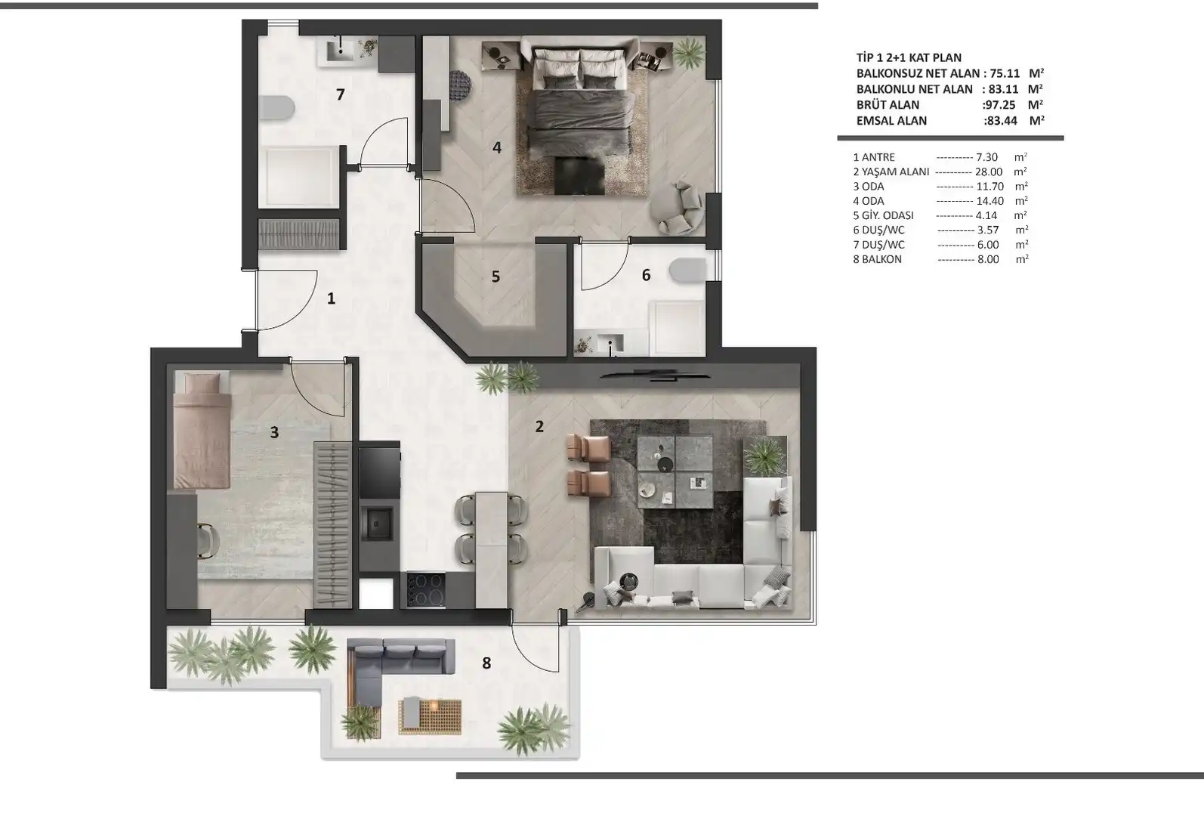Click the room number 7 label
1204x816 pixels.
pos(340,94)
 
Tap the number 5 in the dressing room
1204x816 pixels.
pos(495,277)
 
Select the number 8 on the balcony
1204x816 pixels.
pos(486,663)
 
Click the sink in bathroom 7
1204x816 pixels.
pos(340,51)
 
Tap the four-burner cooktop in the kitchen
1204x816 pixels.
pos(426,589)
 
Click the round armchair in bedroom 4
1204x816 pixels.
pos(677,208)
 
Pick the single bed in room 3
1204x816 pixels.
pos(202,430)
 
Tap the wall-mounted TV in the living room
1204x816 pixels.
pos(653,376)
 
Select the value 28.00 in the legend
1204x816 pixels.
pos(989,172)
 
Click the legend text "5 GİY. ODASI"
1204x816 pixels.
pos(883,215)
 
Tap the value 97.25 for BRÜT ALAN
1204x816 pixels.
pos(1000,105)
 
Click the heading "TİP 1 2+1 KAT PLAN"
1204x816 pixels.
pos(909,57)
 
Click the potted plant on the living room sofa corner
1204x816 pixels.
pos(764,457)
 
